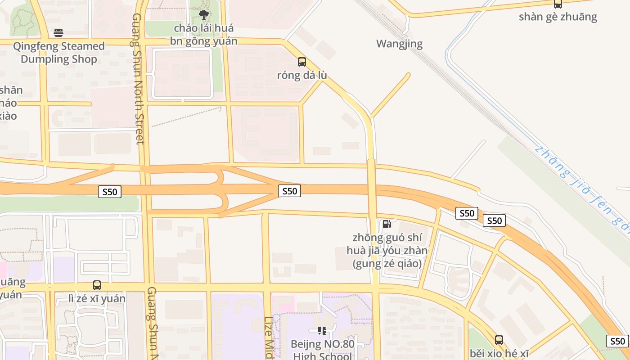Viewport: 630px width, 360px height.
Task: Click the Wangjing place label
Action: (x=400, y=44)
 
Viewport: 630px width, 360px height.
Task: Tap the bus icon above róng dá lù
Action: (x=301, y=62)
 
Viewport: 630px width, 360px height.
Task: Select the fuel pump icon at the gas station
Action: (x=387, y=224)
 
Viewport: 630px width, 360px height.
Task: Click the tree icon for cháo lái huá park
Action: (x=204, y=14)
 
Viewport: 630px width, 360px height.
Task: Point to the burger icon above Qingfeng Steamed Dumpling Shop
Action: (x=58, y=32)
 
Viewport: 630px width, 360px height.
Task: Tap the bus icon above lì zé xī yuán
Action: (x=97, y=285)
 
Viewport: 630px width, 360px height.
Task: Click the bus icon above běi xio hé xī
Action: (x=499, y=340)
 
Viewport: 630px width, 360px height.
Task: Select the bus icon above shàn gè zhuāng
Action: (x=558, y=4)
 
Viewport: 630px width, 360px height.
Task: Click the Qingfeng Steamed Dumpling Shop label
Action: (x=59, y=53)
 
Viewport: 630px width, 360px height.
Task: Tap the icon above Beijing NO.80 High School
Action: (x=322, y=331)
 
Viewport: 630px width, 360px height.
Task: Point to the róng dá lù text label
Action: (x=301, y=75)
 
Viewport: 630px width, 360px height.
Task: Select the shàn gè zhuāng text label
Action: (x=558, y=17)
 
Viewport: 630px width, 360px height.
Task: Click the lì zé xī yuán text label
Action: (x=97, y=298)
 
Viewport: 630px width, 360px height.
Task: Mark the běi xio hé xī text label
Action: (x=499, y=353)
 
